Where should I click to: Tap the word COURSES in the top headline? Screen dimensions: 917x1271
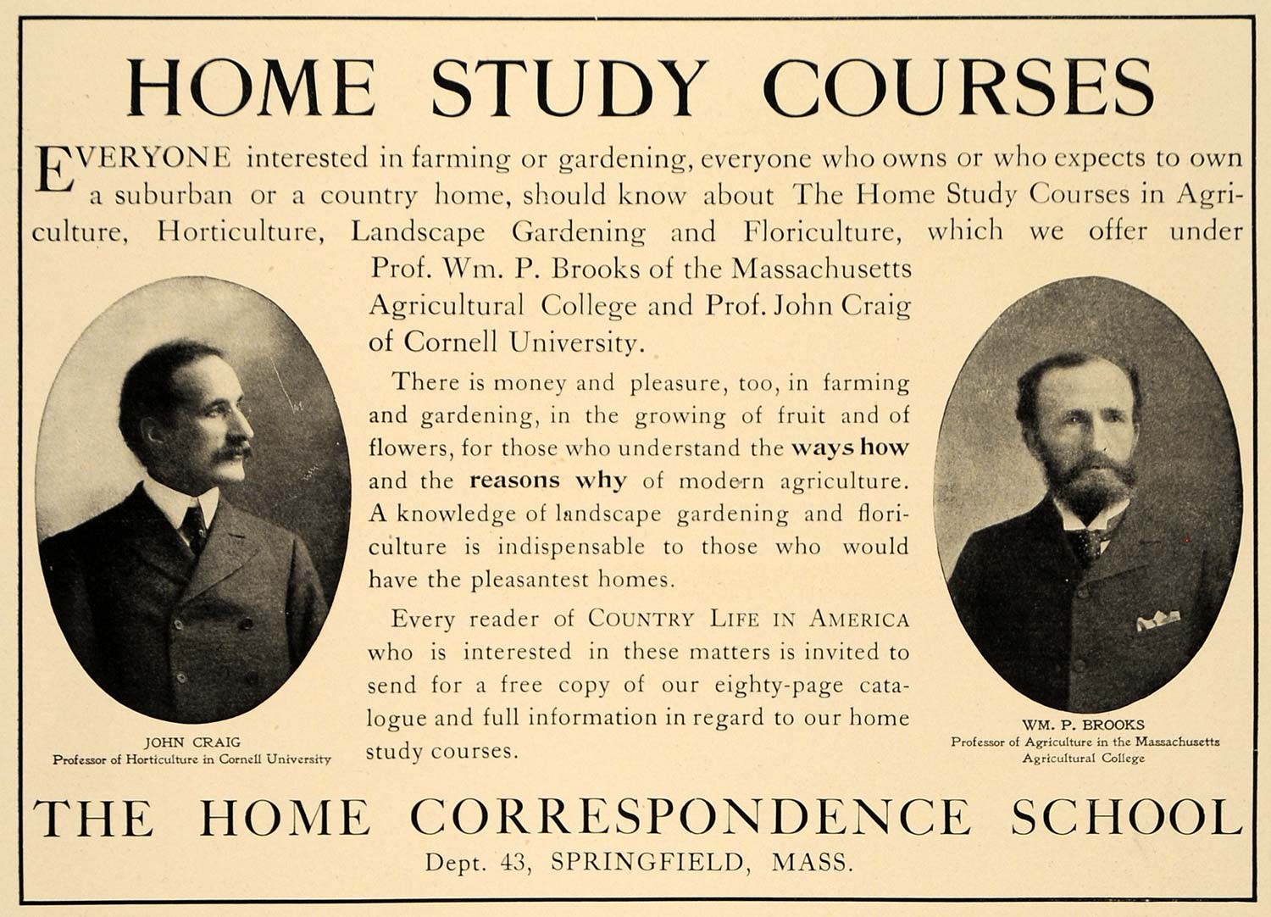tap(957, 87)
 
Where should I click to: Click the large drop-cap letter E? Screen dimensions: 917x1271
tap(53, 169)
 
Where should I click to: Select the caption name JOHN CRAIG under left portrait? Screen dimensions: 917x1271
tap(192, 742)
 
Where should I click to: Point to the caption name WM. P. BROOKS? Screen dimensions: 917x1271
tap(1083, 725)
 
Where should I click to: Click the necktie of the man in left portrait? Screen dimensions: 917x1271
tap(194, 527)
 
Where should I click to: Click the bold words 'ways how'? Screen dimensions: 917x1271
tap(849, 447)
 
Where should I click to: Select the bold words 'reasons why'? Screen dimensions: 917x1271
tap(548, 481)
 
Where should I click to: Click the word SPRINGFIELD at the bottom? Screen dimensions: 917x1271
tap(647, 862)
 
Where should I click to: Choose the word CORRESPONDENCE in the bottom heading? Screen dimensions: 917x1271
tap(690, 817)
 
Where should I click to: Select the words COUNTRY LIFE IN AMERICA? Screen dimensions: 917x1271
tap(749, 619)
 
